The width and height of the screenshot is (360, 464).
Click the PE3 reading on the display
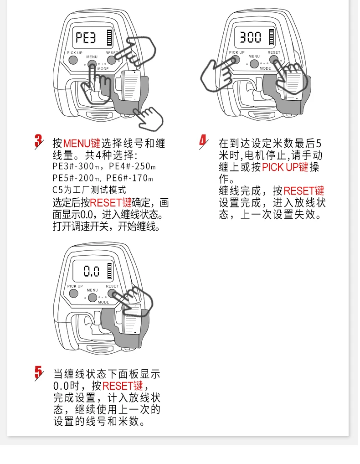click(86, 37)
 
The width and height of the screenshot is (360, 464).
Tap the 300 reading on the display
click(250, 37)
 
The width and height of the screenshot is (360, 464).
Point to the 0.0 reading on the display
click(92, 271)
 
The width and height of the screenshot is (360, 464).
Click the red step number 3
click(38, 141)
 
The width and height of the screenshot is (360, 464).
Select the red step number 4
click(203, 141)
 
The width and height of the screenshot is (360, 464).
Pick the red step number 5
click(38, 373)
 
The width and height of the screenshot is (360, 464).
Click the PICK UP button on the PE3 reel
click(73, 60)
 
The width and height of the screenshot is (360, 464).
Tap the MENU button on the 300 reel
click(254, 64)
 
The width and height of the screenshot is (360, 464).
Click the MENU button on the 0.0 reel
click(93, 297)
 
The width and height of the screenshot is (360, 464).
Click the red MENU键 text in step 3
click(82, 143)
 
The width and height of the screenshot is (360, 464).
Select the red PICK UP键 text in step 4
click(285, 167)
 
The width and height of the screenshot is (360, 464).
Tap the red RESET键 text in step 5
click(123, 386)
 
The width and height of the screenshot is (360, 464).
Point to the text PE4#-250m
click(132, 166)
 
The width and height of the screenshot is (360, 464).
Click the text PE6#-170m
click(129, 178)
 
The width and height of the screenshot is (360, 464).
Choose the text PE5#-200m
click(76, 178)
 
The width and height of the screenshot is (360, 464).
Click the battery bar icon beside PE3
click(109, 37)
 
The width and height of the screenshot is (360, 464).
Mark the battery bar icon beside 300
click(272, 37)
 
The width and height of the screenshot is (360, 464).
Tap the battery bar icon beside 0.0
click(110, 270)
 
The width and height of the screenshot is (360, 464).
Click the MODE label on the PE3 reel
click(103, 69)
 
